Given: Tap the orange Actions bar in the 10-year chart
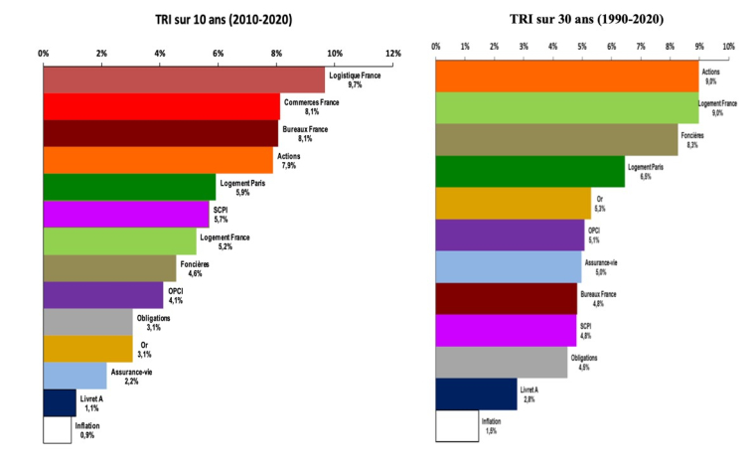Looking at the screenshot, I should [158, 160].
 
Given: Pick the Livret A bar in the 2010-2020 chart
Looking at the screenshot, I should [60, 402].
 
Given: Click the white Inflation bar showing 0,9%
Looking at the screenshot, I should [57, 429].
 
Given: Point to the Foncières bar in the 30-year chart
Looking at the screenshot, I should [556, 140].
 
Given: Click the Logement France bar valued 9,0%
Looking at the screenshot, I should [566, 107].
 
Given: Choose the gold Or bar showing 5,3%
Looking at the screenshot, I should [513, 203].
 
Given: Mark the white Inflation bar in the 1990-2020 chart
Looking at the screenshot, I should [457, 425].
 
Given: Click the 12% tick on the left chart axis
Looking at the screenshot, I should [392, 52].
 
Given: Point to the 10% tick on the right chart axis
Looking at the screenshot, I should [728, 47].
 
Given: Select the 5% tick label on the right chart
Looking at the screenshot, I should [582, 47].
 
